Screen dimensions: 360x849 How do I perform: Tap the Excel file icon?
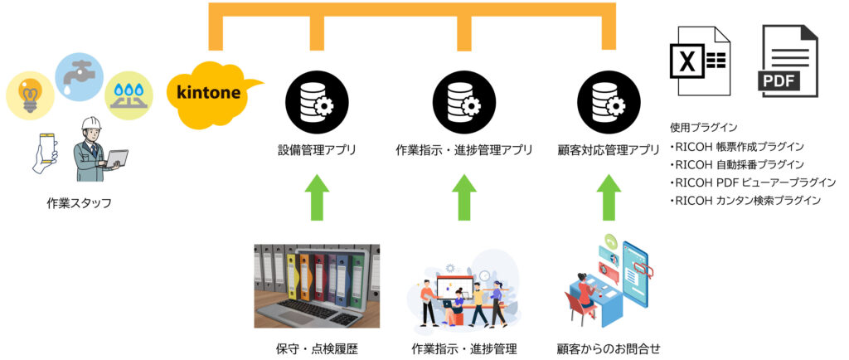tap(701, 61)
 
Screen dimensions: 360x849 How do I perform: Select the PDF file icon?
tap(788, 61)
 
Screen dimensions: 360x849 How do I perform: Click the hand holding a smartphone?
tap(46, 151)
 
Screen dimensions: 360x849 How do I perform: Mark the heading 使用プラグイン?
tap(703, 128)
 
